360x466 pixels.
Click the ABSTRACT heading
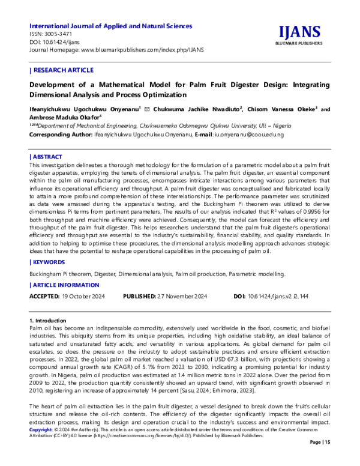[x=49, y=156]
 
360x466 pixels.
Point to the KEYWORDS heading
[x=50, y=262]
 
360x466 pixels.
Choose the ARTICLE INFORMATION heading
[x=67, y=285]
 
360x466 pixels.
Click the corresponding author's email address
[x=249, y=135]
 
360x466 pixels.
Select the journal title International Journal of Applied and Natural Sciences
[x=111, y=26]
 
